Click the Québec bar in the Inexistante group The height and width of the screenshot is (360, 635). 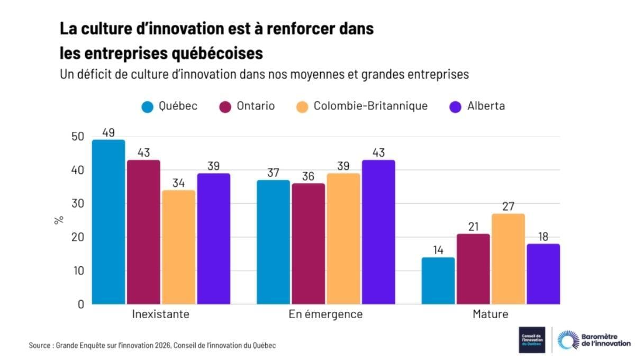(108, 222)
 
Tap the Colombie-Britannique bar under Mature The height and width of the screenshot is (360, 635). (507, 259)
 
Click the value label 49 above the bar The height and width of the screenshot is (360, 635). (108, 132)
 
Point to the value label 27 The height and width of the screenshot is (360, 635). (507, 206)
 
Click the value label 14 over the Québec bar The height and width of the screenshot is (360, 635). (438, 249)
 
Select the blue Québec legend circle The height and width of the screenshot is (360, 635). (148, 106)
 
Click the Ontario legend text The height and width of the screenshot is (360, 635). (256, 106)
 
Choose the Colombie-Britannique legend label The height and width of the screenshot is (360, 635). (370, 106)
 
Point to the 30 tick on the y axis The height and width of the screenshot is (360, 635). (78, 204)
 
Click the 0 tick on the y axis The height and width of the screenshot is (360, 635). (80, 304)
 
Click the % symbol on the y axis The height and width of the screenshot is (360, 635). (58, 220)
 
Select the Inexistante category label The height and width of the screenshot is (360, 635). (160, 314)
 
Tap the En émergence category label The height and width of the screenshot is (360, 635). (325, 314)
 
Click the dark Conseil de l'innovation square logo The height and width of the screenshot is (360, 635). (532, 340)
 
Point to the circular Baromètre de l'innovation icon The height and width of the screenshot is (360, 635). (568, 340)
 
